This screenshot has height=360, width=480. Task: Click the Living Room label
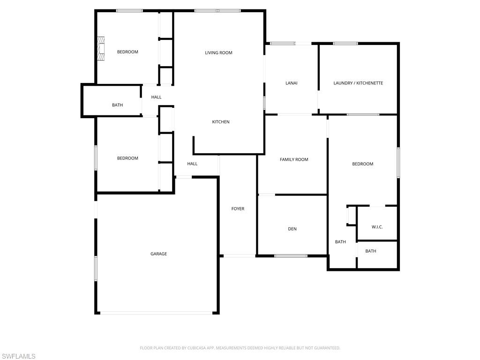click(x=218, y=52)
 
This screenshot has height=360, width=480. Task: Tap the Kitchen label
click(x=221, y=122)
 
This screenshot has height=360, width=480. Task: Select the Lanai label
click(x=292, y=83)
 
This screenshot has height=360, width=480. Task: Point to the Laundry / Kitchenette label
click(x=358, y=83)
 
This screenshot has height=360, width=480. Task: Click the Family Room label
click(x=294, y=159)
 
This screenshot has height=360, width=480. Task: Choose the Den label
click(x=292, y=229)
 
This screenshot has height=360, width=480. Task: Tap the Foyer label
click(x=238, y=209)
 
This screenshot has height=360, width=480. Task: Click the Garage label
click(x=158, y=254)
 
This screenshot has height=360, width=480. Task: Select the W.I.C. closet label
click(x=377, y=227)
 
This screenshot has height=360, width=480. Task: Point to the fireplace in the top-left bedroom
click(x=100, y=48)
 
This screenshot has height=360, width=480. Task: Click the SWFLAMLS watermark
click(x=18, y=356)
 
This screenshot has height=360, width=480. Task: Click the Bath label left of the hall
click(x=117, y=105)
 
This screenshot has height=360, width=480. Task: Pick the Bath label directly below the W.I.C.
click(x=371, y=251)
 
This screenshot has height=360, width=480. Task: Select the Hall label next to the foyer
click(x=192, y=164)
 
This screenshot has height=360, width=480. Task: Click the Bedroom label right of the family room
click(x=363, y=164)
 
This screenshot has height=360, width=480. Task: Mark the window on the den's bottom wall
click(x=291, y=256)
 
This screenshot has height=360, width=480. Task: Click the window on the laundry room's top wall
click(x=345, y=44)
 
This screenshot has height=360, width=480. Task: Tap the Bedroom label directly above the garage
click(x=127, y=158)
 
